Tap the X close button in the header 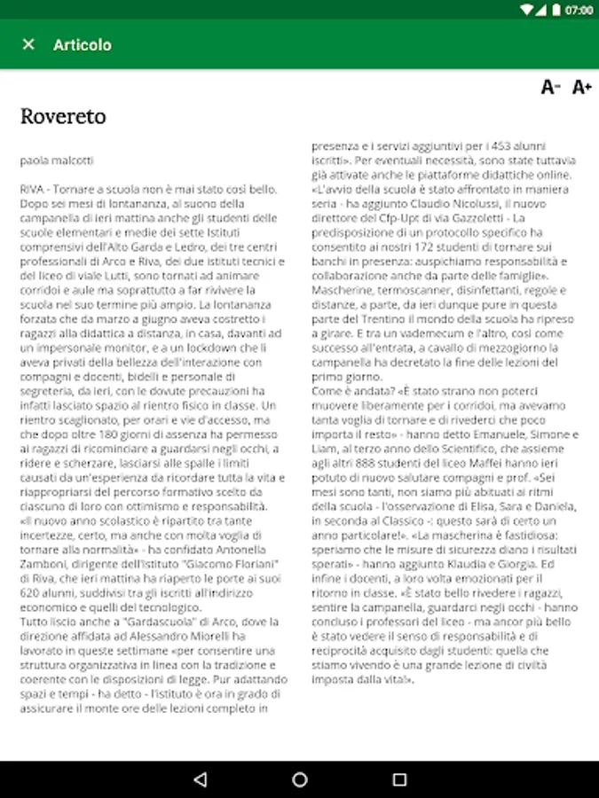[x=28, y=44]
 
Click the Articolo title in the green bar [x=83, y=44]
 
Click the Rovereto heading [x=63, y=116]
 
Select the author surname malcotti [x=74, y=160]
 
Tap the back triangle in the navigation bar [x=200, y=779]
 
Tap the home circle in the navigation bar [x=300, y=779]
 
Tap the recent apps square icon [x=399, y=779]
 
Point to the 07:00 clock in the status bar [x=579, y=10]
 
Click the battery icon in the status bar [x=556, y=10]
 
